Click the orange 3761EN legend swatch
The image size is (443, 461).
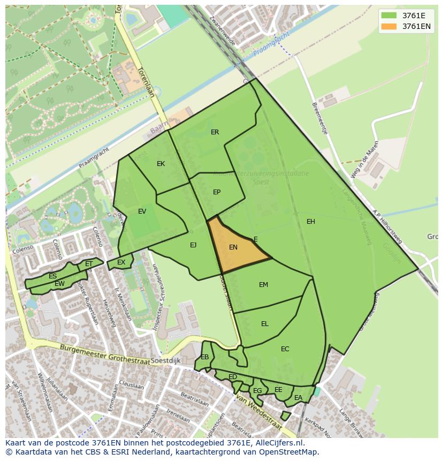pyautogui.click(x=389, y=26)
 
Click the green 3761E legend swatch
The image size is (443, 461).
pyautogui.click(x=389, y=16)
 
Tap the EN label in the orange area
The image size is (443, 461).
pyautogui.click(x=233, y=247)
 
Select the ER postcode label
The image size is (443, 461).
pyautogui.click(x=215, y=132)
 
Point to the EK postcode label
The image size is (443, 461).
pyautogui.click(x=161, y=164)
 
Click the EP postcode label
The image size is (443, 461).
pyautogui.click(x=217, y=192)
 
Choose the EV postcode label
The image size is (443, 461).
pyautogui.click(x=142, y=211)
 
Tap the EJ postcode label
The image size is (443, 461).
pyautogui.click(x=193, y=245)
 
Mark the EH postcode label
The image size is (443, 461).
pyautogui.click(x=311, y=222)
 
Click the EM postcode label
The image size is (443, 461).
pyautogui.click(x=263, y=285)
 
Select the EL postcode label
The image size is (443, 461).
pyautogui.click(x=265, y=324)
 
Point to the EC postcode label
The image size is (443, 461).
pyautogui.click(x=285, y=349)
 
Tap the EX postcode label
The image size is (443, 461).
pyautogui.click(x=121, y=262)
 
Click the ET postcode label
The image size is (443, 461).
pyautogui.click(x=89, y=264)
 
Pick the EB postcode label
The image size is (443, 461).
pyautogui.click(x=205, y=357)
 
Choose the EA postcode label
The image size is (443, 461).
pyautogui.click(x=298, y=398)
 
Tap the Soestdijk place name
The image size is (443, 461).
pyautogui.click(x=165, y=361)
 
